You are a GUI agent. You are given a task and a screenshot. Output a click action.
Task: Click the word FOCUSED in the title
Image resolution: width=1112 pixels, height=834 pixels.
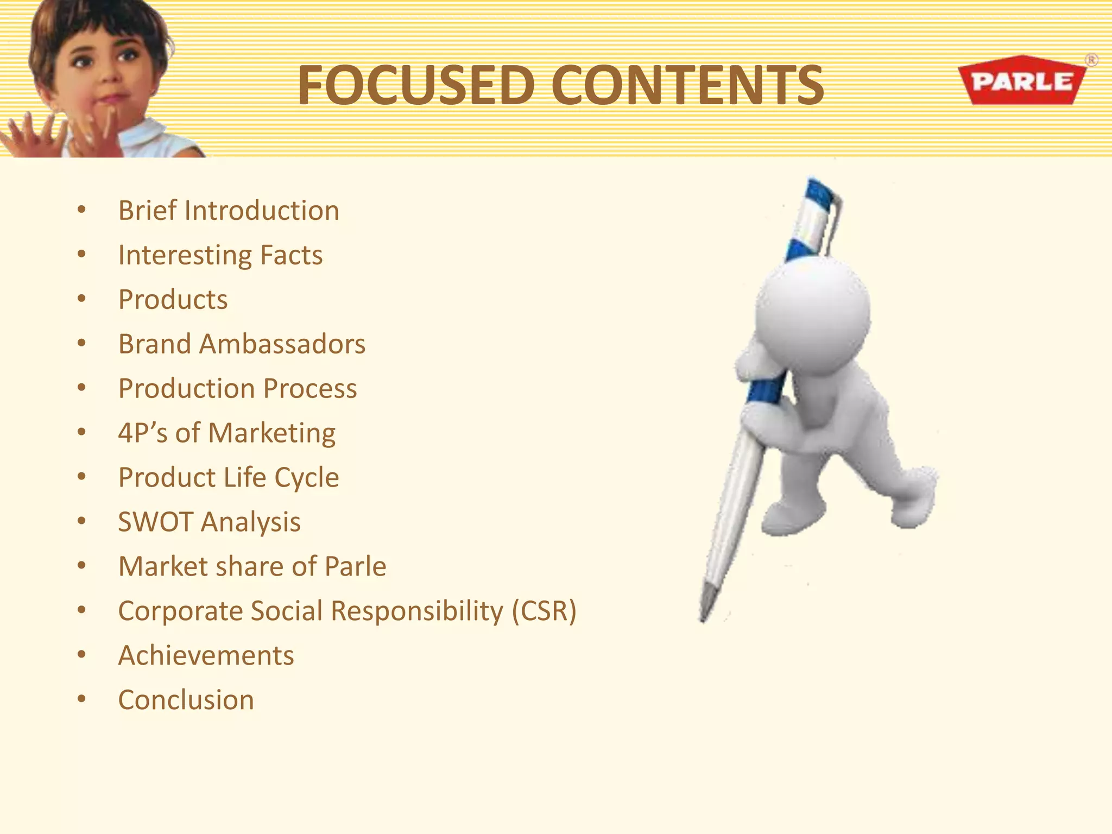pyautogui.click(x=416, y=85)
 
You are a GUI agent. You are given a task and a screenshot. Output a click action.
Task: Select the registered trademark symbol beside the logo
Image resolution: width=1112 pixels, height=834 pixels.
pyautogui.click(x=1091, y=60)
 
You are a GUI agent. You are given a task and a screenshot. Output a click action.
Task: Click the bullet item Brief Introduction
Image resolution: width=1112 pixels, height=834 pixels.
pyautogui.click(x=229, y=211)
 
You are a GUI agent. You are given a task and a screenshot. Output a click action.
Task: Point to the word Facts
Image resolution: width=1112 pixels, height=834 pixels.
pyautogui.click(x=291, y=255)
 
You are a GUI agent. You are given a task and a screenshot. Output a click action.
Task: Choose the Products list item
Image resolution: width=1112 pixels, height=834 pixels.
pyautogui.click(x=173, y=300)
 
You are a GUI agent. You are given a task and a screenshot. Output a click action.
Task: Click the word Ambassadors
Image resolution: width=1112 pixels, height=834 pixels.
pyautogui.click(x=282, y=344)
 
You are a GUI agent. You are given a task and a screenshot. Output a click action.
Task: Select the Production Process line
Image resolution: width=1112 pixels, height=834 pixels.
pyautogui.click(x=237, y=389)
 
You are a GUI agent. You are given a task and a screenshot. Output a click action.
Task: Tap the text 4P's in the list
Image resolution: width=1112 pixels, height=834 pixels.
pyautogui.click(x=142, y=433)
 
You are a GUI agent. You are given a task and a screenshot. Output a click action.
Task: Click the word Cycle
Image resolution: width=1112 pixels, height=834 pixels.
pyautogui.click(x=307, y=478)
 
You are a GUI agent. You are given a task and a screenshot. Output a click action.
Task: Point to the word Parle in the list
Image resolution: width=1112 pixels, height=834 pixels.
pyautogui.click(x=355, y=566)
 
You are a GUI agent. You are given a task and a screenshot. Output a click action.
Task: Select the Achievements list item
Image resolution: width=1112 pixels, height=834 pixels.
pyautogui.click(x=206, y=655)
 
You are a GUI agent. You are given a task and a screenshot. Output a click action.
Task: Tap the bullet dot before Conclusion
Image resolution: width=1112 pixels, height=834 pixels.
pyautogui.click(x=81, y=699)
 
